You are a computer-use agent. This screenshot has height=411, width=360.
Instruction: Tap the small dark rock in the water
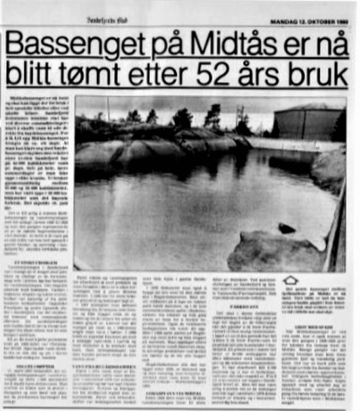[287, 228]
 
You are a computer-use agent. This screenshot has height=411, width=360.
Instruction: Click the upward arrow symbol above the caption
[291, 280]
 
